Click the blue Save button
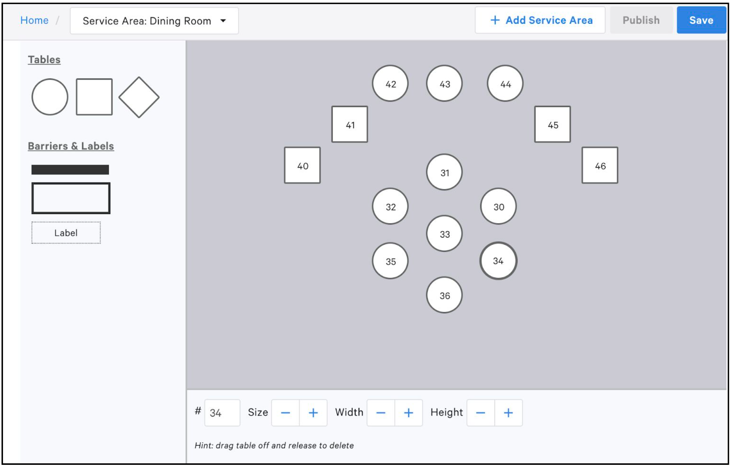pos(701,20)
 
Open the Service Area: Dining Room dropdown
pos(154,21)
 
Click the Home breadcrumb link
pos(34,20)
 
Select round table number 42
pos(390,84)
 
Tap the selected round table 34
pos(498,261)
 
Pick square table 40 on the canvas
pos(303,166)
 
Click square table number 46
pos(600,166)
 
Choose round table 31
pos(444,172)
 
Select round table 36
pos(444,295)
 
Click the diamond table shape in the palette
pos(139,97)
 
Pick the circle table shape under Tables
pos(50,97)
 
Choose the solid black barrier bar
pos(70,170)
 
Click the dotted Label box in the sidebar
pos(66,233)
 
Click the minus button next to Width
pos(381,413)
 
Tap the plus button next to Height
pos(508,413)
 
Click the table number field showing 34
pos(222,413)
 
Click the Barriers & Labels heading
pos(71,146)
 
